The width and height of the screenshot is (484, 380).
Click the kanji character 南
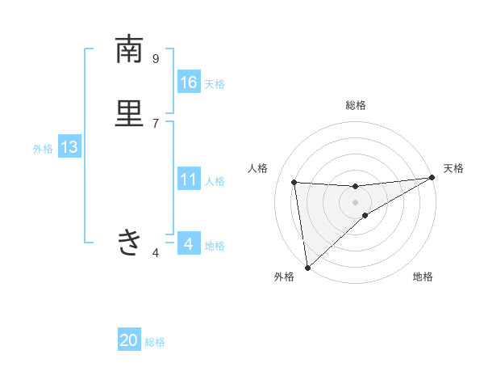coord(129,50)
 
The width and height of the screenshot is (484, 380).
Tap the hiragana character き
coord(129,241)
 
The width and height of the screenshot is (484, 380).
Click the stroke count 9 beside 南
coord(156,58)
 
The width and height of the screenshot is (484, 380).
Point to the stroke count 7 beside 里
coord(156,123)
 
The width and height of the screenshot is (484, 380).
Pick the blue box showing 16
coord(189,82)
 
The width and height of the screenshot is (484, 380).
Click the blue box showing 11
coord(189,179)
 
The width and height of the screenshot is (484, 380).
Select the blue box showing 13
coord(69,147)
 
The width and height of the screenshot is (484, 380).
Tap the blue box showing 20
coord(129,340)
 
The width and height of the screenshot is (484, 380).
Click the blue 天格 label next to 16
coord(215,84)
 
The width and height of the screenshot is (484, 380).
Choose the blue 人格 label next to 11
coord(215,181)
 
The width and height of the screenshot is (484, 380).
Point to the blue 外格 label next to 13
coord(43,149)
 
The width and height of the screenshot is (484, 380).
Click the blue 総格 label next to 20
coord(155,342)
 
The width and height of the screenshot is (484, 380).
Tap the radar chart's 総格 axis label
coord(356,105)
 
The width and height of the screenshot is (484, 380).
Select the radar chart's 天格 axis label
coord(453,168)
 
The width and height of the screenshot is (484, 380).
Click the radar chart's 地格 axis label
coord(423,277)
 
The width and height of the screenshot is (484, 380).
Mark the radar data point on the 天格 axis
coord(432,178)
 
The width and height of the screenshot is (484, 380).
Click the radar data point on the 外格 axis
coord(307,267)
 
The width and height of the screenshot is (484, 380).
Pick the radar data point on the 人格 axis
coord(294,182)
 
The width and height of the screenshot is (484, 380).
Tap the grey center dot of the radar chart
coord(356,201)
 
